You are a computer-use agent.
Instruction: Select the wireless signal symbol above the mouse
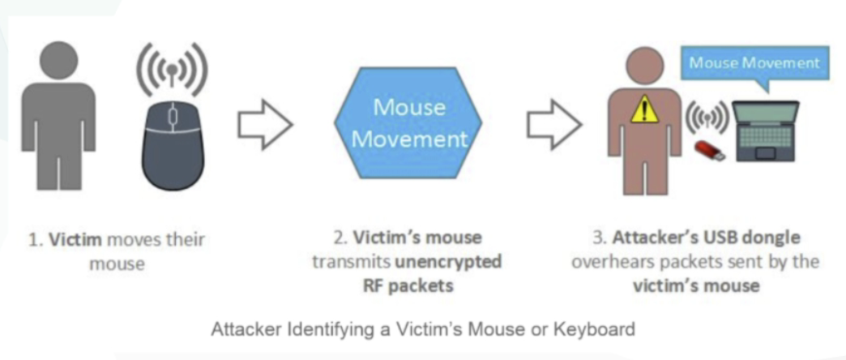point(170,70)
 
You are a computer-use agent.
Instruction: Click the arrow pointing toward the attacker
point(553,125)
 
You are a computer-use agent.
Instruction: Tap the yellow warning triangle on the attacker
point(644,109)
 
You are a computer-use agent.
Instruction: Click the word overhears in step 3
point(606,262)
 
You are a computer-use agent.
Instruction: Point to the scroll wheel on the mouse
point(171,115)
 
